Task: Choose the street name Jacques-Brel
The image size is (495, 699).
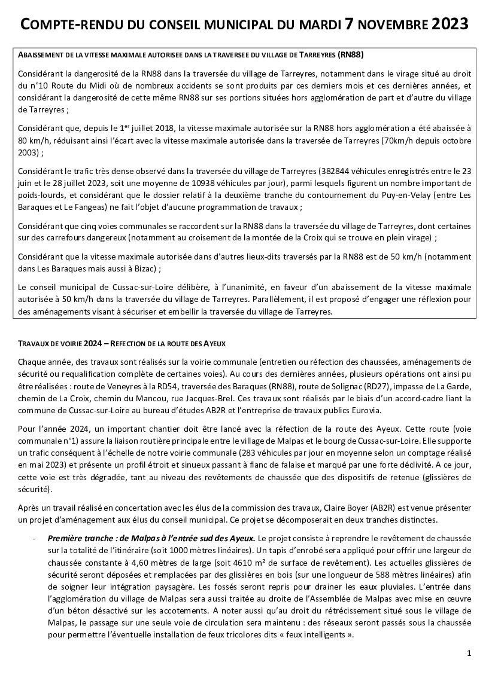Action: tap(193, 398)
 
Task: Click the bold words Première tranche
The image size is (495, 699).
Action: tap(80, 538)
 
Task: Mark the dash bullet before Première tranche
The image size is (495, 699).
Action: tap(34, 538)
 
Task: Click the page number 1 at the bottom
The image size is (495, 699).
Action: tap(469, 654)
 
